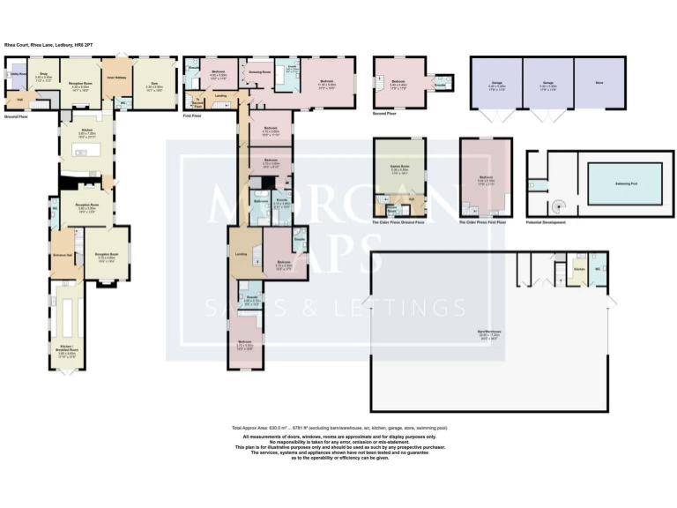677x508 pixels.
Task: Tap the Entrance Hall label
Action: (x=62, y=256)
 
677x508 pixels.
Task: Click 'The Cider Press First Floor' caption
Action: (x=484, y=222)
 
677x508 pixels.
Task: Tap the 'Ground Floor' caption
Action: (x=18, y=116)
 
